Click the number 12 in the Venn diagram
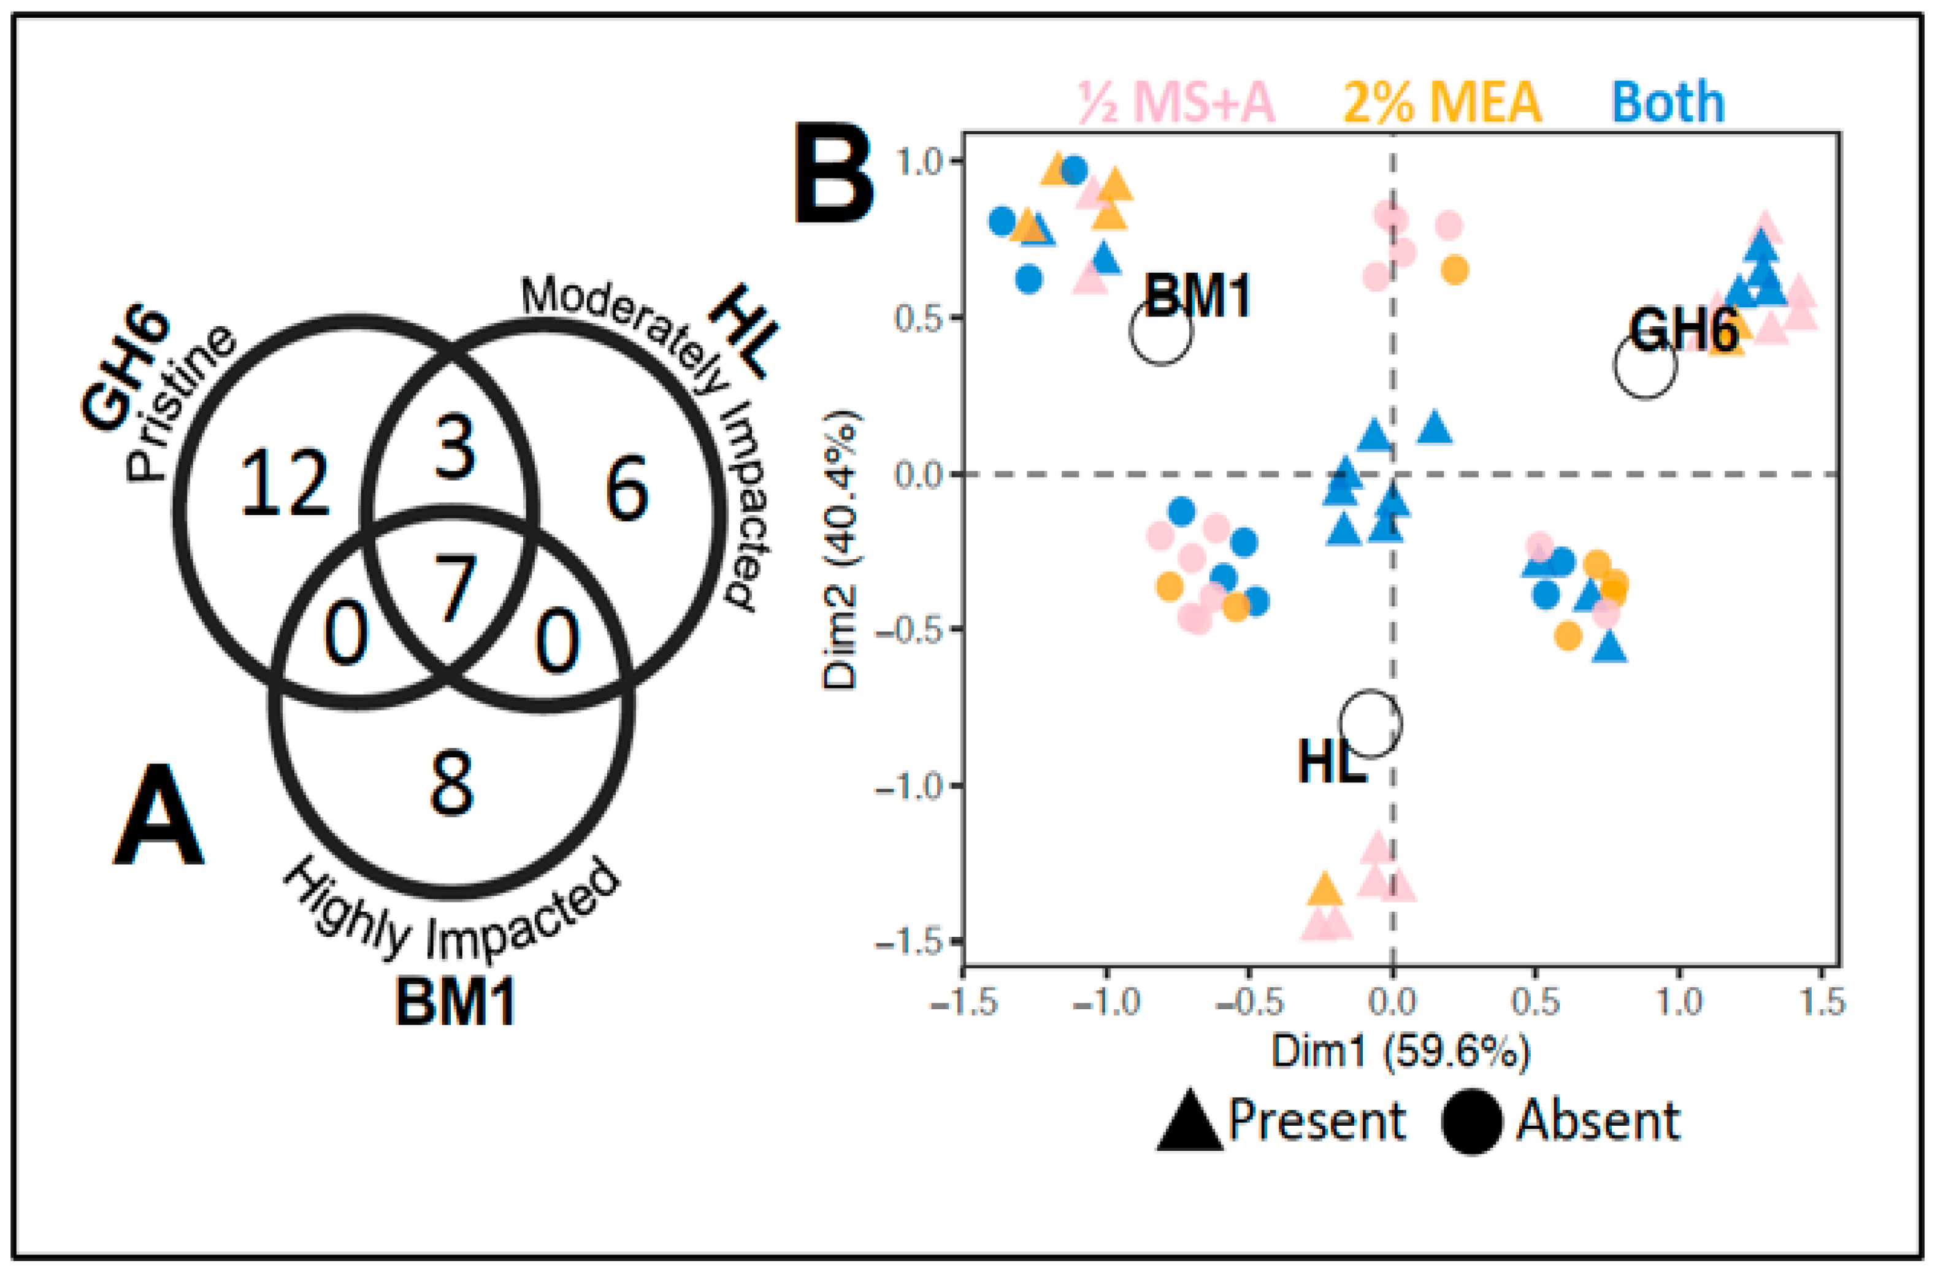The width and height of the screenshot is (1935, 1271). (x=285, y=485)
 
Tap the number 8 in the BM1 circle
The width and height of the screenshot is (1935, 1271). (x=452, y=782)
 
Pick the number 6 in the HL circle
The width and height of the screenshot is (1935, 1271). (x=627, y=489)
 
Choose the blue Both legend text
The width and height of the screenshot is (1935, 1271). (x=1668, y=102)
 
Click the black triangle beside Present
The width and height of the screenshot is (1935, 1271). (x=1189, y=1121)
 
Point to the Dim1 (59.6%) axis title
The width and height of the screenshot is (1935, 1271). (x=1401, y=1051)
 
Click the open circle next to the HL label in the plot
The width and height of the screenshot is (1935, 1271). (x=1371, y=724)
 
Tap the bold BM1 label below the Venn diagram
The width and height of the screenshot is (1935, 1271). (x=455, y=1001)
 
